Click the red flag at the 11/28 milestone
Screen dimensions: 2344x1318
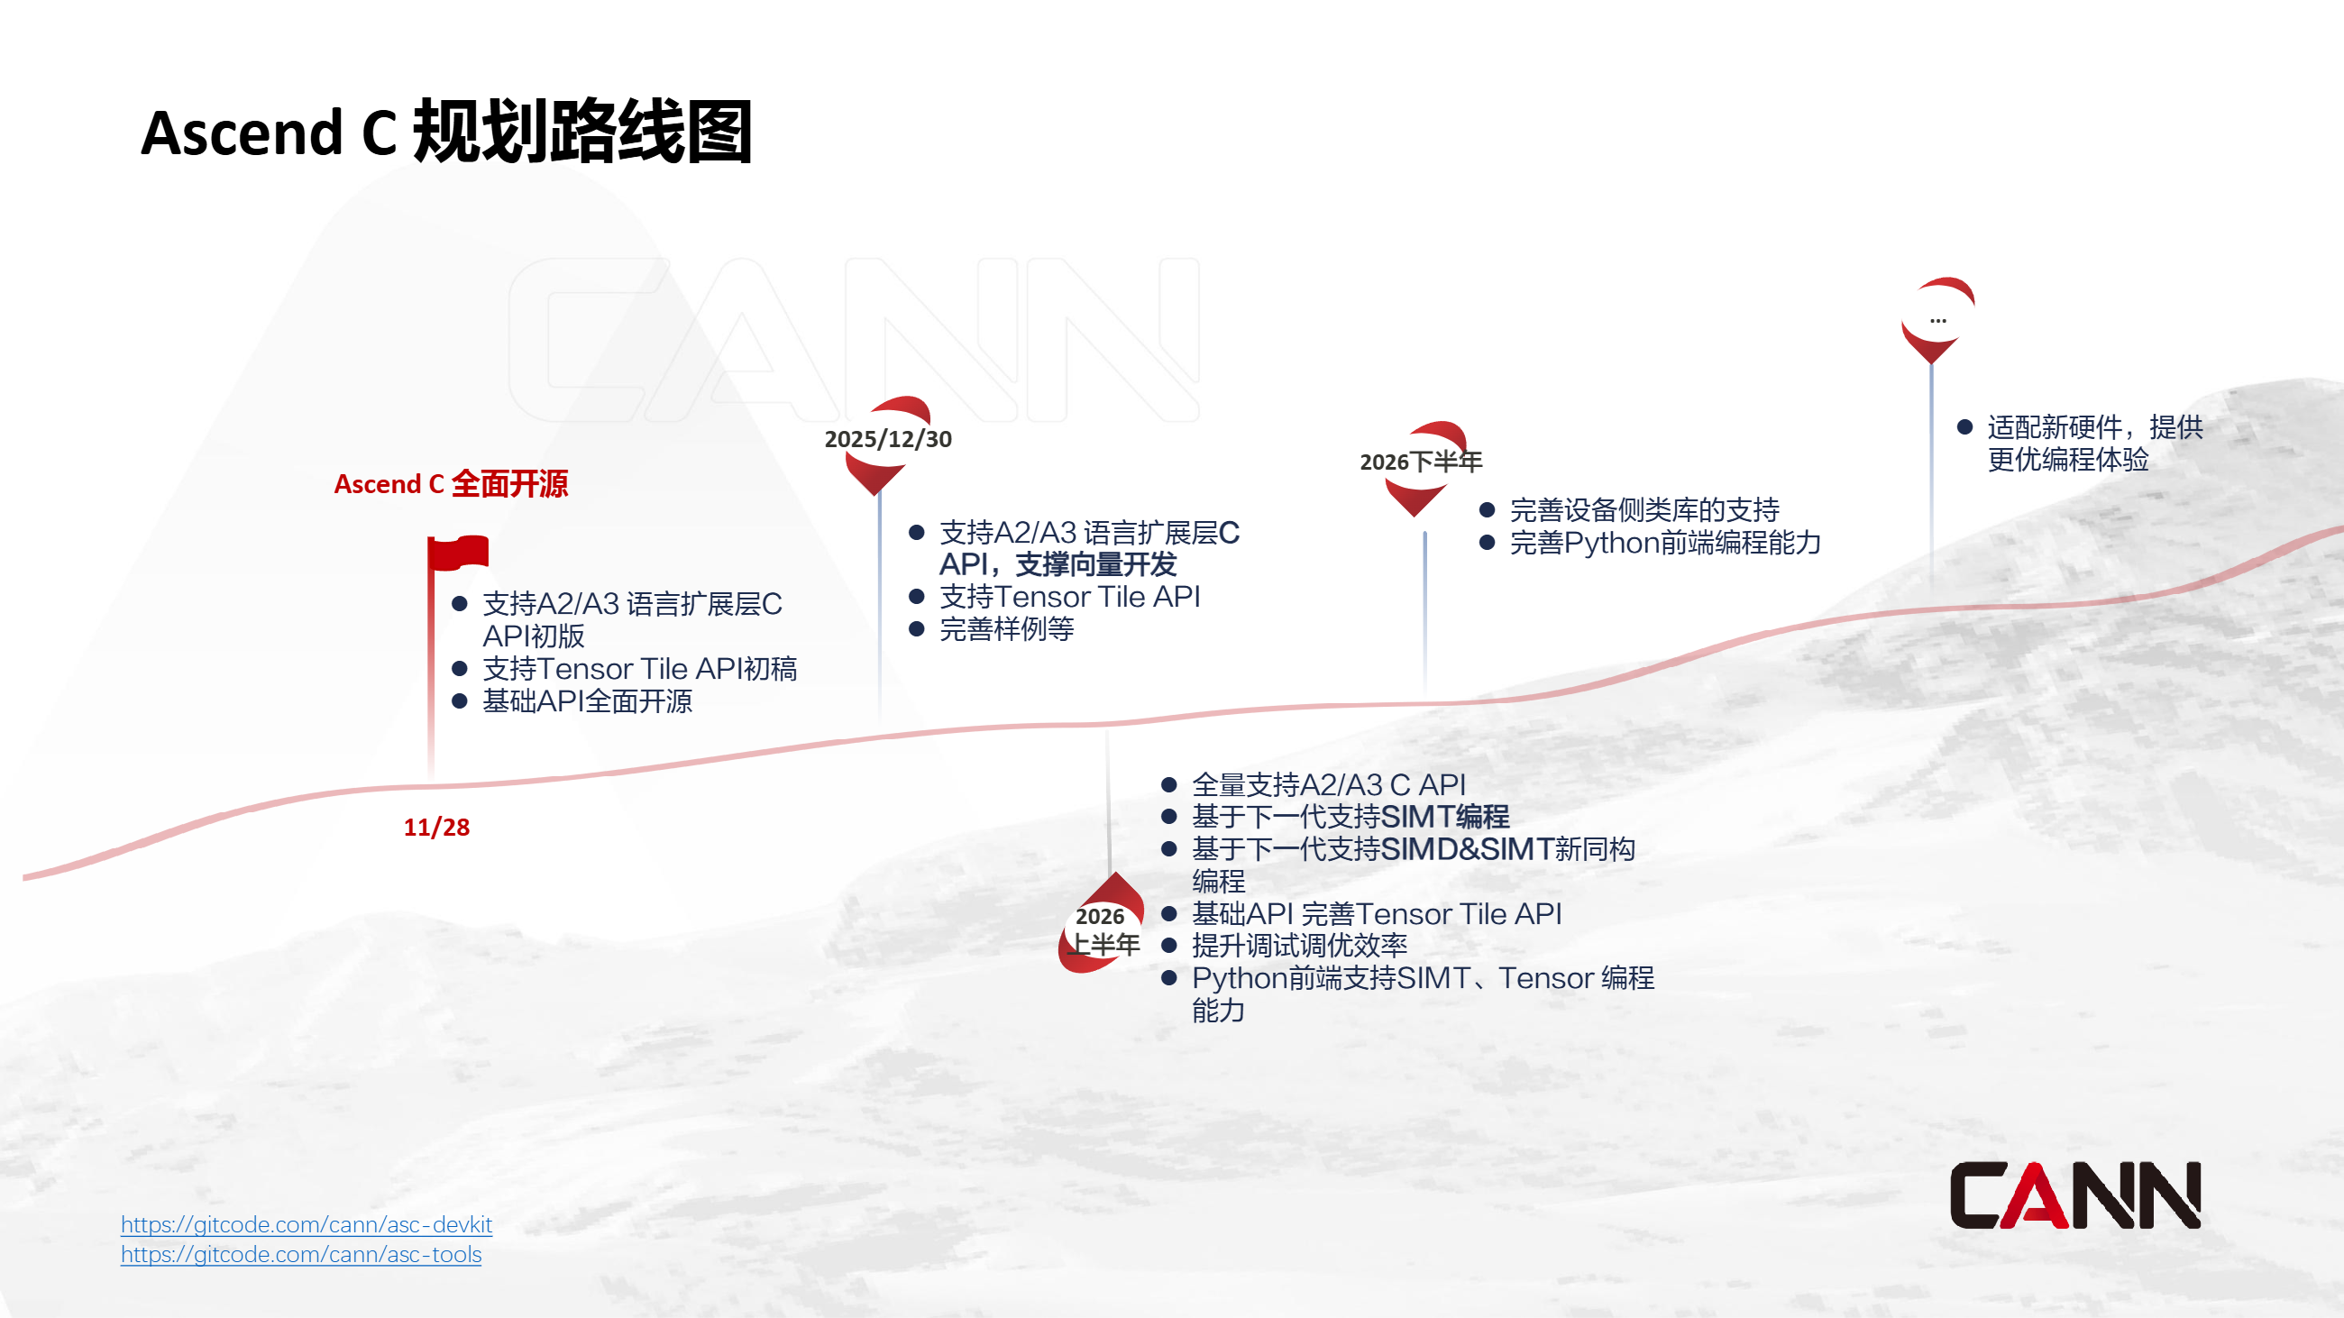click(x=459, y=553)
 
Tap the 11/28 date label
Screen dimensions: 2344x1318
click(x=435, y=827)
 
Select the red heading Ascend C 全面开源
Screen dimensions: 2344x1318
click(x=451, y=484)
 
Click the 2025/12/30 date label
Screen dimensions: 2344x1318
click(x=887, y=439)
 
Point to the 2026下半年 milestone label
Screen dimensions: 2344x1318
click(x=1421, y=462)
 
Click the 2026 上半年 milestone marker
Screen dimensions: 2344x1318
click(x=1103, y=928)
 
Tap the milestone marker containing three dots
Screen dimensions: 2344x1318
click(x=1937, y=319)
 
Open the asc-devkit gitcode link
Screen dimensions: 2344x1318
click(x=306, y=1224)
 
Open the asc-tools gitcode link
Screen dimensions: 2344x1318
click(x=300, y=1254)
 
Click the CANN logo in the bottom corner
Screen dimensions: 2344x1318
click(x=2074, y=1195)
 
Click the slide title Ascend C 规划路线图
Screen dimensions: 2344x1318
click(x=446, y=133)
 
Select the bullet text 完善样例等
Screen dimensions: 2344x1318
click(x=1006, y=629)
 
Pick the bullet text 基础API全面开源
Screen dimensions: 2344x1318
click(x=587, y=701)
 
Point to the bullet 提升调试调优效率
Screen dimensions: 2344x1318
click(x=1299, y=946)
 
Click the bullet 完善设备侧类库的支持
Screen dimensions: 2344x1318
click(x=1644, y=510)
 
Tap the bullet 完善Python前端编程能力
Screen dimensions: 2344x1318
click(x=1665, y=543)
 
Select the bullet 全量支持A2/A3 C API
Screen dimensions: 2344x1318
click(x=1329, y=784)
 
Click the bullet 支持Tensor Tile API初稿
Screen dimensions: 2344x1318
click(x=639, y=670)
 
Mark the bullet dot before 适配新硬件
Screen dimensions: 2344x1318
click(x=1964, y=426)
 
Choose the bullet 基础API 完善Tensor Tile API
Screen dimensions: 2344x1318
click(x=1376, y=913)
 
